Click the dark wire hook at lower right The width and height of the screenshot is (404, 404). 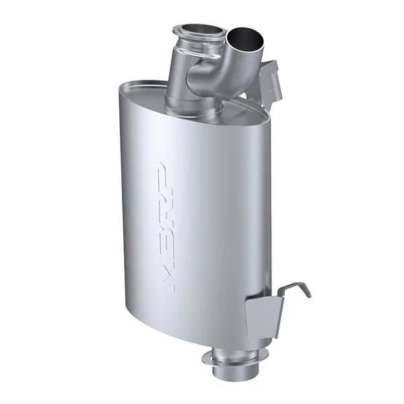click(296, 289)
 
